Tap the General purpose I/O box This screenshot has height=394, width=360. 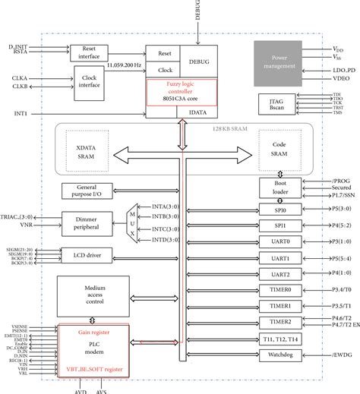point(87,191)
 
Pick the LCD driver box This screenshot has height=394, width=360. point(87,254)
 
